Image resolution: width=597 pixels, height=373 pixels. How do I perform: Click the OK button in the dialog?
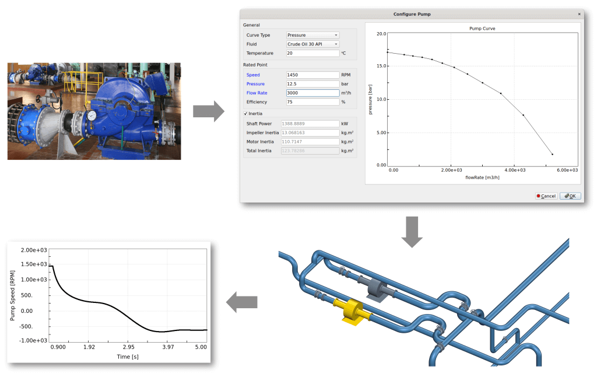[x=570, y=196]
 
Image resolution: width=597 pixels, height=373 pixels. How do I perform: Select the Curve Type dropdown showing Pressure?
[x=312, y=35]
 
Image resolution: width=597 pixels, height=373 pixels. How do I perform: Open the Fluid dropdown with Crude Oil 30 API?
[x=312, y=44]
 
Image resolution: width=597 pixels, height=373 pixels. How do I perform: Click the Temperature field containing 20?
[x=312, y=53]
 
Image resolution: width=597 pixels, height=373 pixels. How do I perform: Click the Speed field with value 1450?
[x=312, y=75]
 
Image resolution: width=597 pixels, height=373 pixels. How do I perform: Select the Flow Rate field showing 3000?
[x=312, y=93]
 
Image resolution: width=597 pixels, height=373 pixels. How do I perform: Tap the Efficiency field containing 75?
[x=312, y=102]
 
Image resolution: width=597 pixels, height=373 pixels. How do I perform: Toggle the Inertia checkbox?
[x=245, y=113]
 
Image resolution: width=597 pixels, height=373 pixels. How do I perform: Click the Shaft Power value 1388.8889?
[x=312, y=124]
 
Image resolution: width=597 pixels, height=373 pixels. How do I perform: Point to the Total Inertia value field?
[x=312, y=151]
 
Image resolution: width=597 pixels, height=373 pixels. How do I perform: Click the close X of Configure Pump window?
[x=579, y=13]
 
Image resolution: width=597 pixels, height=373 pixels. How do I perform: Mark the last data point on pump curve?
[x=552, y=155]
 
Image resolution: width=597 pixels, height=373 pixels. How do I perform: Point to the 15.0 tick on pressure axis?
[x=381, y=66]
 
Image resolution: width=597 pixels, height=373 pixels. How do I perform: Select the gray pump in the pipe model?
[x=376, y=288]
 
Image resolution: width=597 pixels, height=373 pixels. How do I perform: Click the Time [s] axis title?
[x=128, y=356]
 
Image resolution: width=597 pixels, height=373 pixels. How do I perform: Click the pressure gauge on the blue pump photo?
[x=92, y=115]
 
